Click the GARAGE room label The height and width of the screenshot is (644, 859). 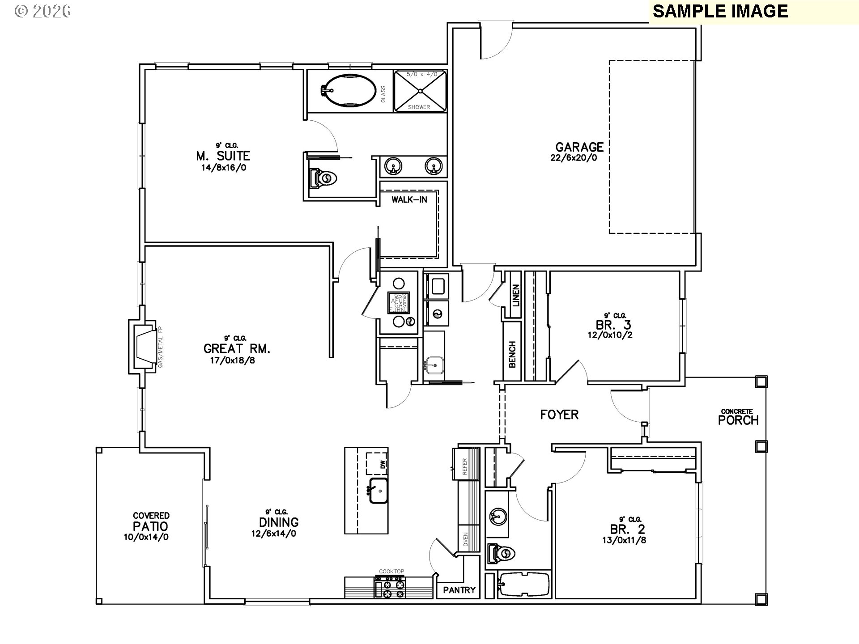(579, 147)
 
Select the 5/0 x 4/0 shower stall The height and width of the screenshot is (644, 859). (420, 91)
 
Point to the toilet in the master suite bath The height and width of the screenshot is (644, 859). (323, 178)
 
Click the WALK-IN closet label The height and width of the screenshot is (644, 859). (409, 199)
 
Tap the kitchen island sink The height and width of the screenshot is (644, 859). (378, 491)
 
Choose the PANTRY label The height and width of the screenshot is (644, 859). (459, 590)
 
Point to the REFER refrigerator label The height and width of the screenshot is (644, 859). (464, 466)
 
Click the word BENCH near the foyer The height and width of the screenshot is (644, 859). (513, 355)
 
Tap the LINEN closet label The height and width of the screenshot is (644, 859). (516, 295)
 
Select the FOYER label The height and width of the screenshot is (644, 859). (559, 415)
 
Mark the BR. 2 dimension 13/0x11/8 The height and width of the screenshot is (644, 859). (624, 540)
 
